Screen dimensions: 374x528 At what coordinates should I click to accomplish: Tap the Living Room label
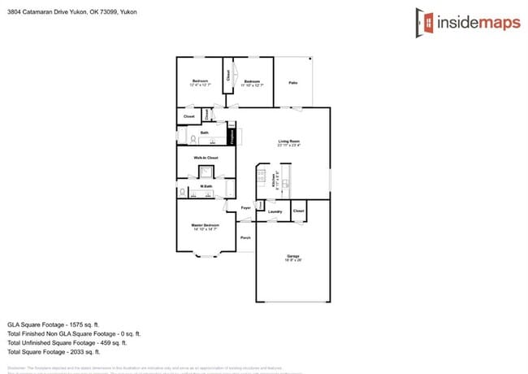288,142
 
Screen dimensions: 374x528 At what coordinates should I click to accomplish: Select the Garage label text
292,257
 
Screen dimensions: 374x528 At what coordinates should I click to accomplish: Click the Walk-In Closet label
206,157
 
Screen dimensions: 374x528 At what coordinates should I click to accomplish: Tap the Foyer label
245,209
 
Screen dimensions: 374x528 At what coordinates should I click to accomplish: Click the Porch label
245,237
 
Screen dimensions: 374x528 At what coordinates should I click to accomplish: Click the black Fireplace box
231,137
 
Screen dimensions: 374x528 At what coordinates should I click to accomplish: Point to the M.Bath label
206,187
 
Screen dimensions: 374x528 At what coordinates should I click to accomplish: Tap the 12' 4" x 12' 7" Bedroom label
200,80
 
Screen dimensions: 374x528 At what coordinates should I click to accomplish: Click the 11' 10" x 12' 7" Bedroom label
253,81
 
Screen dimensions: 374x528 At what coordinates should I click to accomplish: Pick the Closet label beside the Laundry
298,211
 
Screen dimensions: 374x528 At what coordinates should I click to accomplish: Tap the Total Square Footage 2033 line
54,352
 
